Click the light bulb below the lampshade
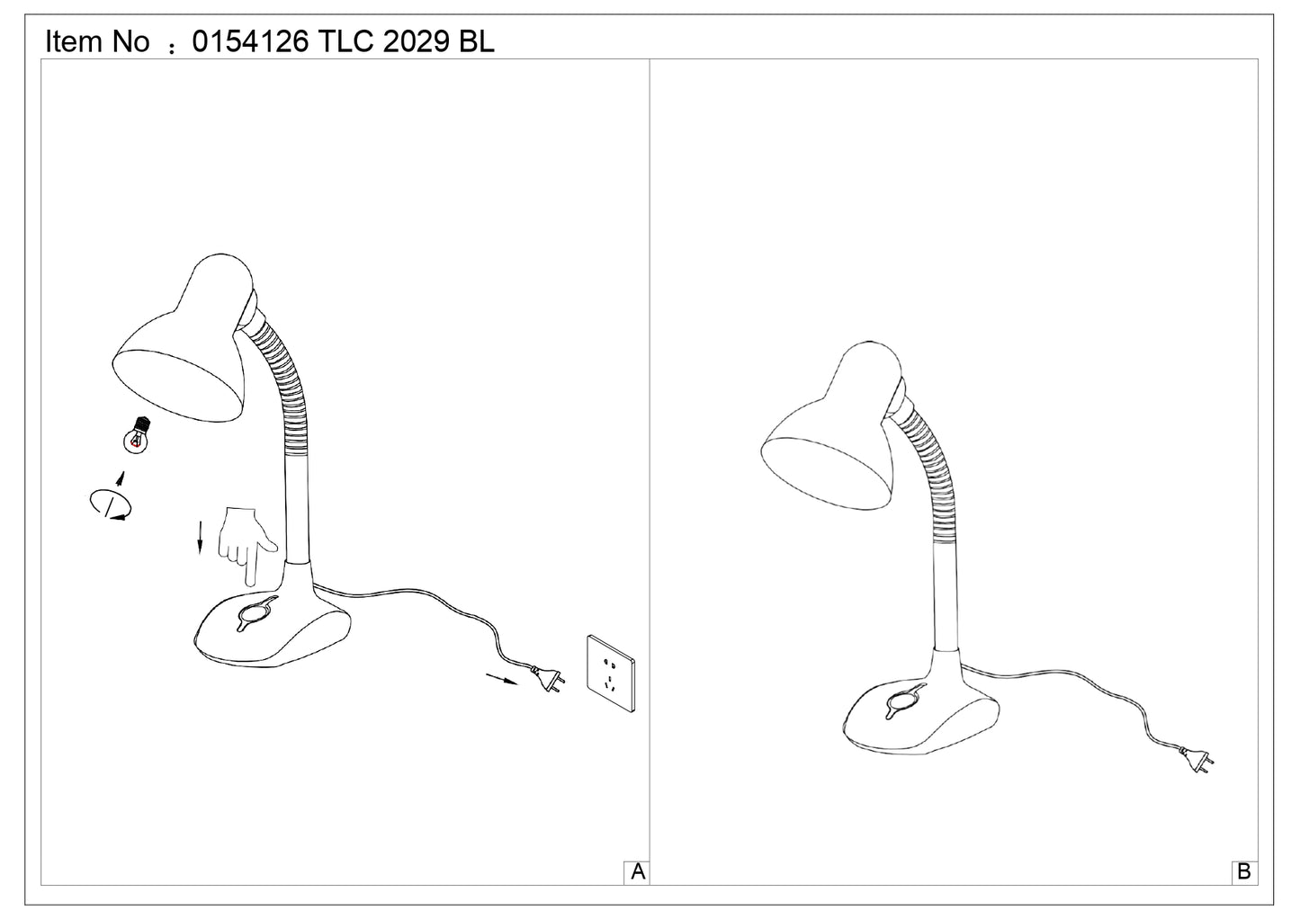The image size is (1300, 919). coord(137,435)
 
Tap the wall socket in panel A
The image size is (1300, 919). coord(611,673)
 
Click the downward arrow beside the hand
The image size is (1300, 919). coord(201,537)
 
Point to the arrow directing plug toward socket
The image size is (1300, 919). coord(502,679)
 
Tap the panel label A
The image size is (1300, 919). coord(638,872)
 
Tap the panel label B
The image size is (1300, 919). coord(1243,872)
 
